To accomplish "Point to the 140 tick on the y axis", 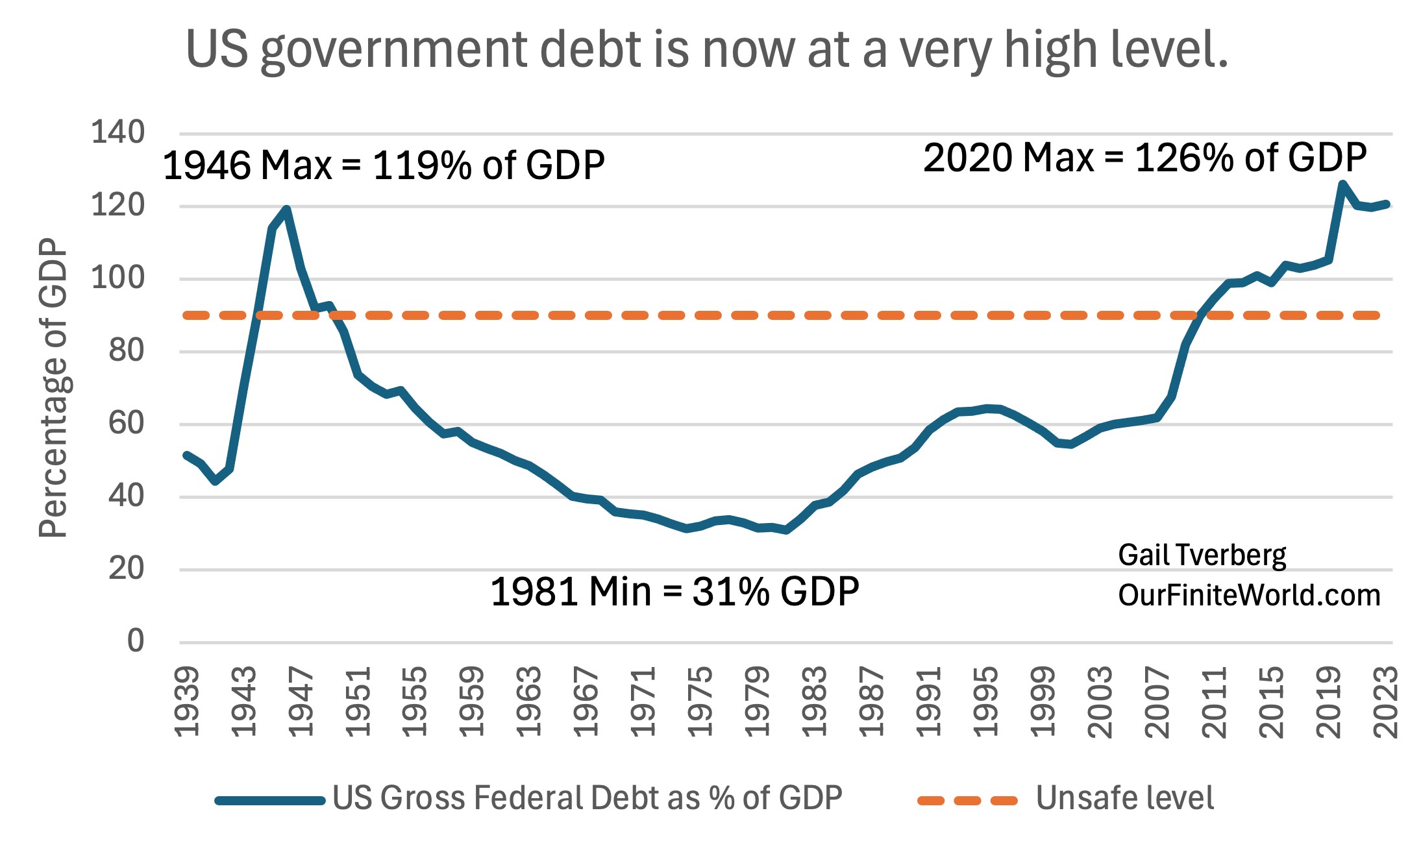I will [117, 132].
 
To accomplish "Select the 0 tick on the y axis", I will [135, 641].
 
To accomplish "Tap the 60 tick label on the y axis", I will [126, 423].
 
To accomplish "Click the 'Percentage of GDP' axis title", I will [53, 388].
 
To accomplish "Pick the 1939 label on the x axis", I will [188, 702].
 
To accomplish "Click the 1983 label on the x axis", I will [814, 702].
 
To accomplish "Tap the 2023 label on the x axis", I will [1386, 702].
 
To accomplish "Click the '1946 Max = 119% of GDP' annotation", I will [383, 165].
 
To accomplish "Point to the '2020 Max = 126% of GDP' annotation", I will [1144, 158].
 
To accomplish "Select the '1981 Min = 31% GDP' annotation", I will [674, 592].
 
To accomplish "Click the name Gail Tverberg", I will [1202, 555].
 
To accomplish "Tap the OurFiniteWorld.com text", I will [1248, 596].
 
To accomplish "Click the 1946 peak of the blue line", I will [286, 209].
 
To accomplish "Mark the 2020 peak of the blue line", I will [1342, 184].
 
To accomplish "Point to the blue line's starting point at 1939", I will [186, 455].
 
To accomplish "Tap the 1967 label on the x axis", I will [586, 702].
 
